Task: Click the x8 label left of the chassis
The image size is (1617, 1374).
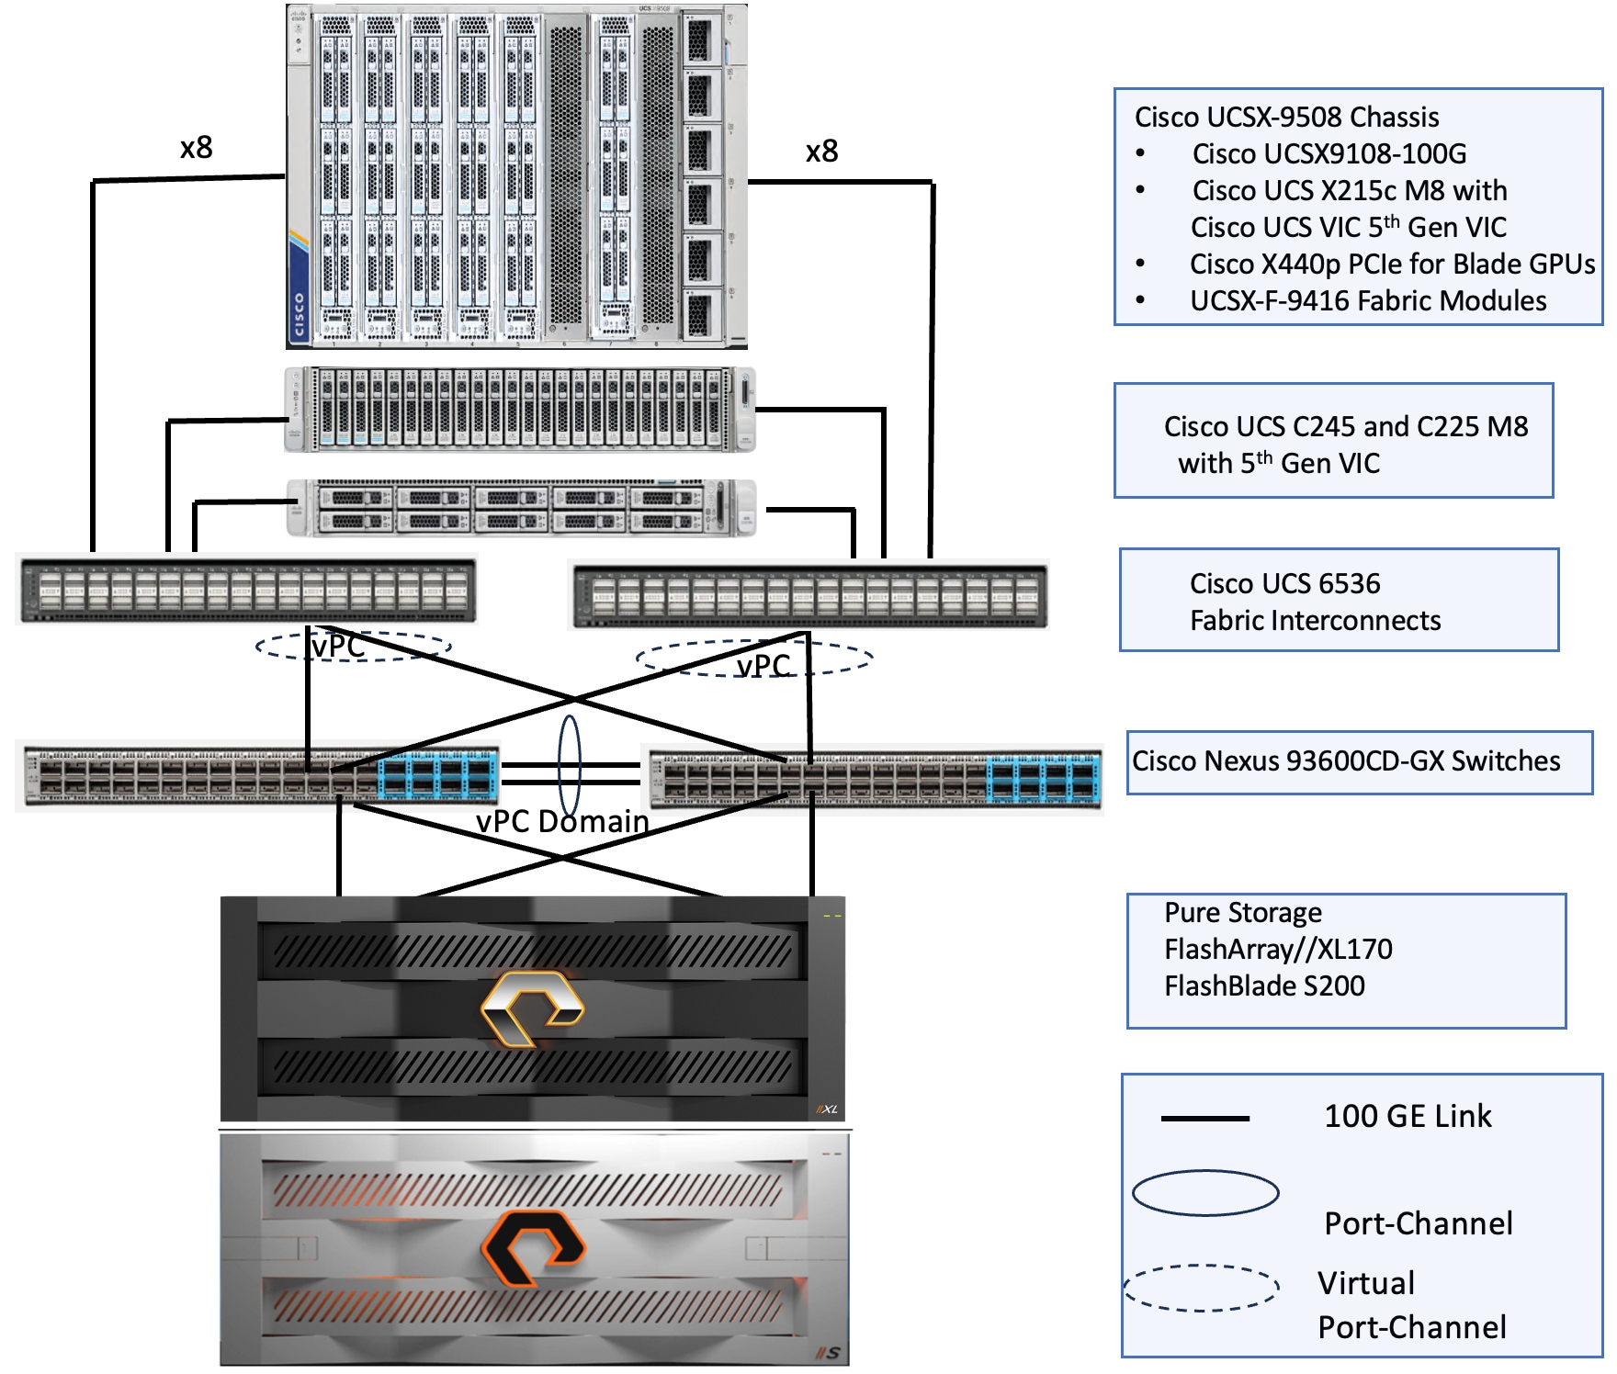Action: (197, 148)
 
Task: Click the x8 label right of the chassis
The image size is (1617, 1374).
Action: (821, 152)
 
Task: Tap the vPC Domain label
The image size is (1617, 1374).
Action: (562, 821)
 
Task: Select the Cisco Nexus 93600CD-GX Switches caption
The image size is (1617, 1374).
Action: (1346, 761)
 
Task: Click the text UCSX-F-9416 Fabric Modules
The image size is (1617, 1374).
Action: (1368, 301)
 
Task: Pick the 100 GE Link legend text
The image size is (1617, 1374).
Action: (1408, 1116)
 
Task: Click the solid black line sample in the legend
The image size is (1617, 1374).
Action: (1205, 1119)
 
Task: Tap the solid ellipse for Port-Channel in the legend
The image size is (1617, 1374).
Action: (1205, 1193)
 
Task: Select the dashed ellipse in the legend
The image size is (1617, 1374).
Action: (1202, 1288)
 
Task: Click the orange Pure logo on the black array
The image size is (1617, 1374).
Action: (532, 1008)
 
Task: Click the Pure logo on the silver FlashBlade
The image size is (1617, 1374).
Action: (533, 1247)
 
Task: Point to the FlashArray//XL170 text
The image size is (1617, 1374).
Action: (1278, 949)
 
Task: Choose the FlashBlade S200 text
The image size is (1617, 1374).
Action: (1264, 985)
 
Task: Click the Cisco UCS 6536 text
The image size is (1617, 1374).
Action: (1284, 584)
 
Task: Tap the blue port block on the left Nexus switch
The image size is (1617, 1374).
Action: (438, 775)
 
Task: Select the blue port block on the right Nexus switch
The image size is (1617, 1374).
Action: (1044, 779)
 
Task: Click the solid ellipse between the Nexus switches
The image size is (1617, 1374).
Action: (570, 765)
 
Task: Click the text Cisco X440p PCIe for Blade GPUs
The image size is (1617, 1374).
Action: (1392, 265)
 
